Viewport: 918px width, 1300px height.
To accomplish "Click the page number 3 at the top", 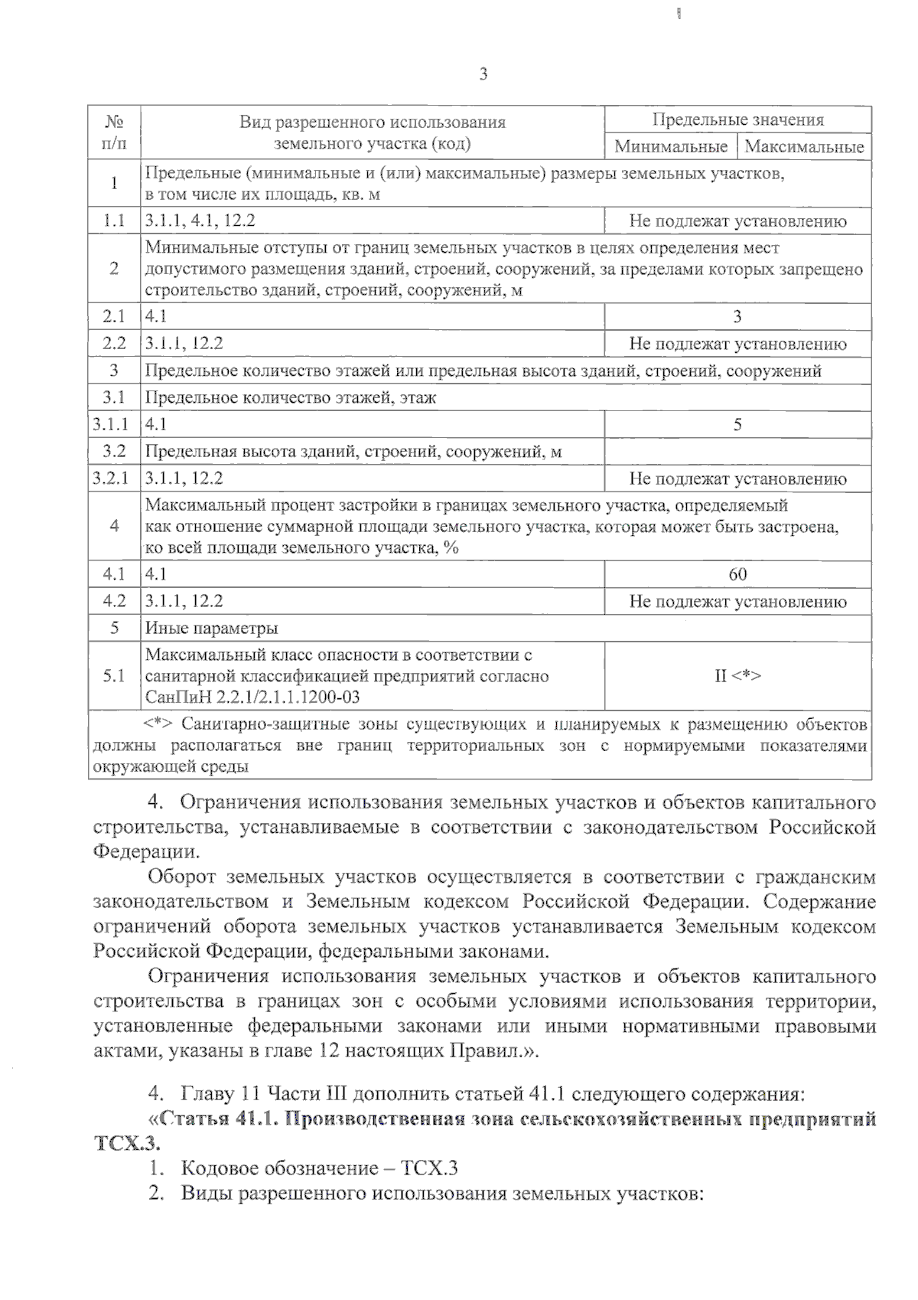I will tap(483, 74).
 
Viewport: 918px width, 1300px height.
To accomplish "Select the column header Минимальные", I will tap(670, 146).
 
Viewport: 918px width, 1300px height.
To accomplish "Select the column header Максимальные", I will tap(804, 146).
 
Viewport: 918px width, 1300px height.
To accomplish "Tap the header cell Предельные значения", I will tap(737, 120).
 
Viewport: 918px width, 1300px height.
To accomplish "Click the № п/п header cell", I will tap(114, 132).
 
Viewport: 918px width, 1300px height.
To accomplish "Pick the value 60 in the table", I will tap(737, 574).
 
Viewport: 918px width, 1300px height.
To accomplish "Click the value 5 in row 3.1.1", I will tap(737, 425).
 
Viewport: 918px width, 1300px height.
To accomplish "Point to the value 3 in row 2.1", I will tap(737, 317).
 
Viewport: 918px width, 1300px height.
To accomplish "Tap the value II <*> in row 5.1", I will tap(737, 676).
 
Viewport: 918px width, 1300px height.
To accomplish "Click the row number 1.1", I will tap(114, 221).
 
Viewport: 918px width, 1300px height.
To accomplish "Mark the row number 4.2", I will tap(114, 602).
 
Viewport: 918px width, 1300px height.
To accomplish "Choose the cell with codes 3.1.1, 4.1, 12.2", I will tap(200, 221).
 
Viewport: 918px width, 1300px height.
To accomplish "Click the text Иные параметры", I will tap(211, 629).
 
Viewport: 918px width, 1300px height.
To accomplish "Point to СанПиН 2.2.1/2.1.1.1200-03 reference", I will tap(252, 697).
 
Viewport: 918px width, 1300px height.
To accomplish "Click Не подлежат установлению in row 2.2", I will tap(737, 344).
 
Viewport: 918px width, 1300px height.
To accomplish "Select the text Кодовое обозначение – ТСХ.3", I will tap(319, 1168).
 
